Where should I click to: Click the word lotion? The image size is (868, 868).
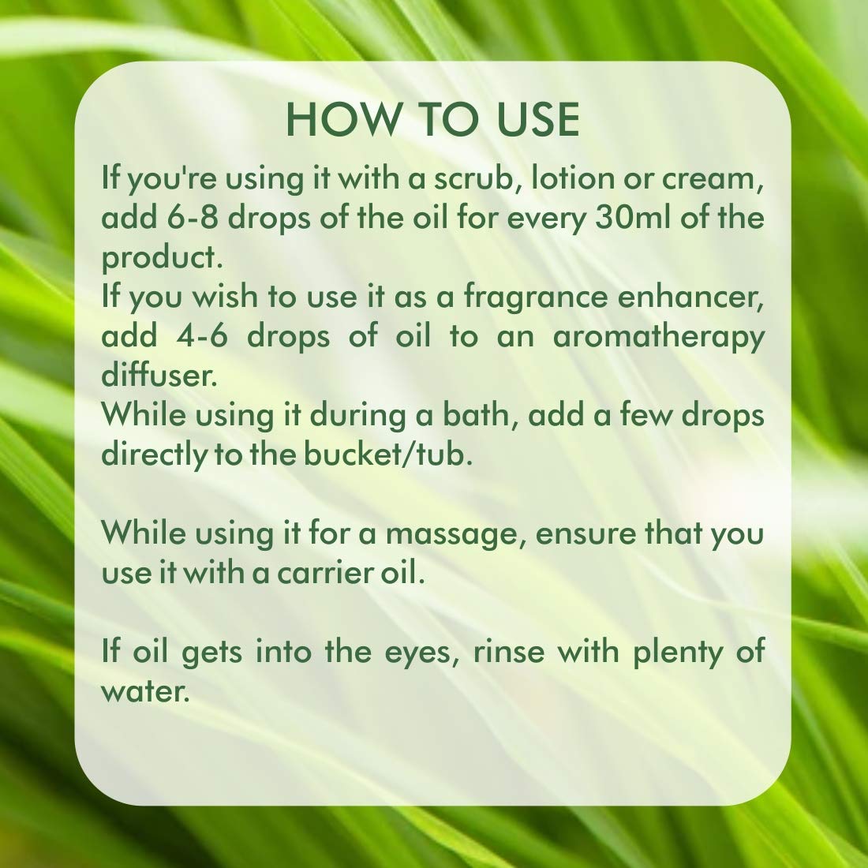coord(571,178)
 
